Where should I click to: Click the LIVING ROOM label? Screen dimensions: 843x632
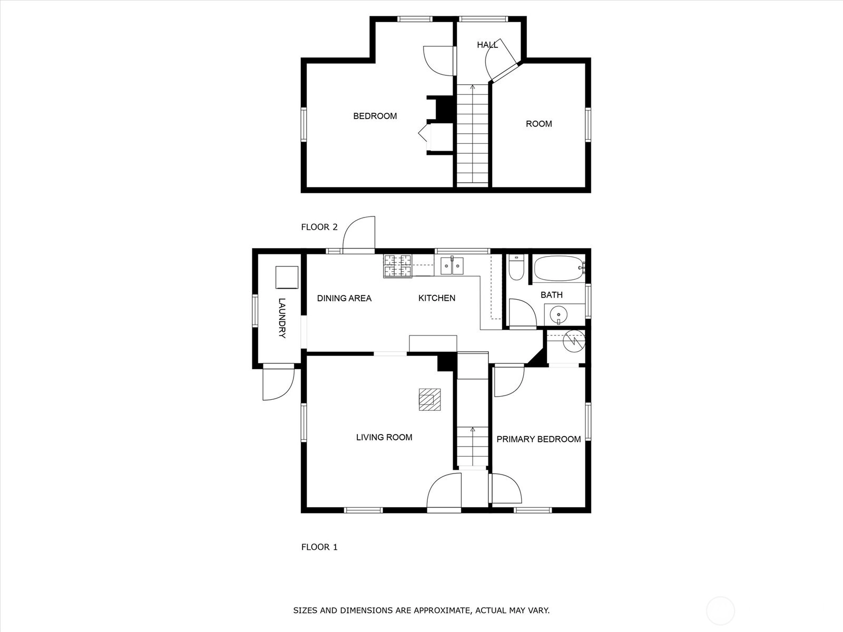(384, 437)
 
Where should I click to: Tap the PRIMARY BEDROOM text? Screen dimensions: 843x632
(538, 439)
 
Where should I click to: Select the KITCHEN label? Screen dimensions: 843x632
(437, 298)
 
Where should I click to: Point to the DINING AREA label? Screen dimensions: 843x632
(344, 298)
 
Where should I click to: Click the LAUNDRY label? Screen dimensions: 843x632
(282, 318)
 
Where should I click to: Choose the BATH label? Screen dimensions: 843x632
(552, 295)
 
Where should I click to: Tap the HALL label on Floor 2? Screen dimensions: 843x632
(487, 45)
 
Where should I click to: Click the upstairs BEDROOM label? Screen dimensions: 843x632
(375, 116)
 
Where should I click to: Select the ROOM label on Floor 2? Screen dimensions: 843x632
(539, 124)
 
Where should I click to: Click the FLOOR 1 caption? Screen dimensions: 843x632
(319, 547)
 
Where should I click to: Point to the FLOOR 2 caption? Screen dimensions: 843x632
(319, 227)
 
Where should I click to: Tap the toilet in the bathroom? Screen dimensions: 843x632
(516, 267)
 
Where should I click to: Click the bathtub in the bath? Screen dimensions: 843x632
(559, 269)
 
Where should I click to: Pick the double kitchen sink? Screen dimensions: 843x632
(452, 265)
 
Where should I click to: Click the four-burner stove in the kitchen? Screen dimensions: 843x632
(397, 266)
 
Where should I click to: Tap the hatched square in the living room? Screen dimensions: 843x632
(429, 399)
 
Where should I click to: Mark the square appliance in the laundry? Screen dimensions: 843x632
(287, 278)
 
